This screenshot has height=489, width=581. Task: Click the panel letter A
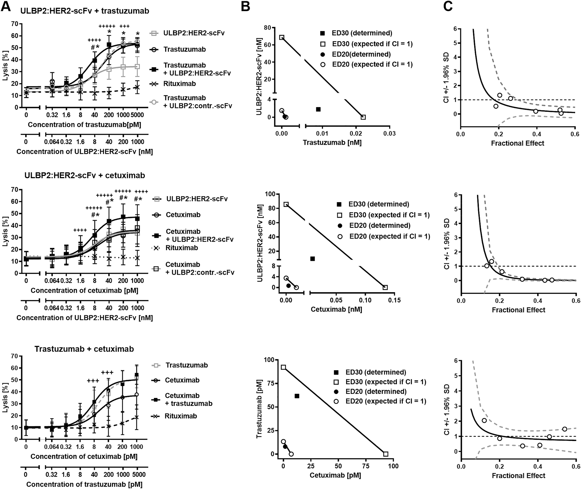pyautogui.click(x=6, y=6)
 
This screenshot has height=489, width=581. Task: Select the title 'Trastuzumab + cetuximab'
pyautogui.click(x=84, y=349)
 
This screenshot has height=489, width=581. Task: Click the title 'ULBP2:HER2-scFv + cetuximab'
pyautogui.click(x=85, y=175)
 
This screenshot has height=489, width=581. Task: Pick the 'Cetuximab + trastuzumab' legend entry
pyautogui.click(x=188, y=400)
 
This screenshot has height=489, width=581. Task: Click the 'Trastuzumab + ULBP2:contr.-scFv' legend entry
pyautogui.click(x=197, y=102)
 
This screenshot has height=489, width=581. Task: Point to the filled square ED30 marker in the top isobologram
pyautogui.click(x=318, y=109)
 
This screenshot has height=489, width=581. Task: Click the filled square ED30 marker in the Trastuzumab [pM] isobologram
pyautogui.click(x=297, y=396)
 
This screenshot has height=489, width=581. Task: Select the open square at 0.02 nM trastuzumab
pyautogui.click(x=363, y=117)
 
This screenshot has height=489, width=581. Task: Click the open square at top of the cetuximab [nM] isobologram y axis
pyautogui.click(x=286, y=205)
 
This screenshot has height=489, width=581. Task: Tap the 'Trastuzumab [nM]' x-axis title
pyautogui.click(x=332, y=143)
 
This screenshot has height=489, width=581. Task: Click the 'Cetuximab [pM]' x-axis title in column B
pyautogui.click(x=335, y=476)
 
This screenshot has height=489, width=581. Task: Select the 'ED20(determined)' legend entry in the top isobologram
pyautogui.click(x=361, y=54)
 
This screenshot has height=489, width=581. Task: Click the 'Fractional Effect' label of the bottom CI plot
pyautogui.click(x=518, y=476)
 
